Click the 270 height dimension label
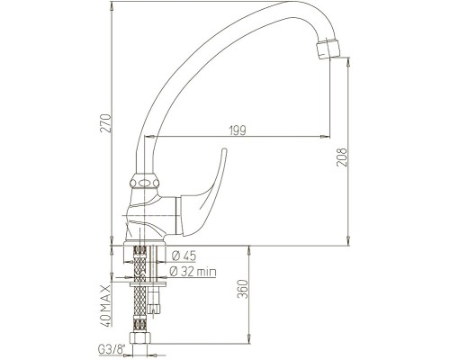coord(105,123)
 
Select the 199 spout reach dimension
coord(238,130)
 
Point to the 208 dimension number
coord(341,157)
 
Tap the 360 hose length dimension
coord(243,289)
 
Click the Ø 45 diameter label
coord(184,256)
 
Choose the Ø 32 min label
coord(193,272)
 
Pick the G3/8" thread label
coord(112,349)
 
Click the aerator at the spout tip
coord(328,49)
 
